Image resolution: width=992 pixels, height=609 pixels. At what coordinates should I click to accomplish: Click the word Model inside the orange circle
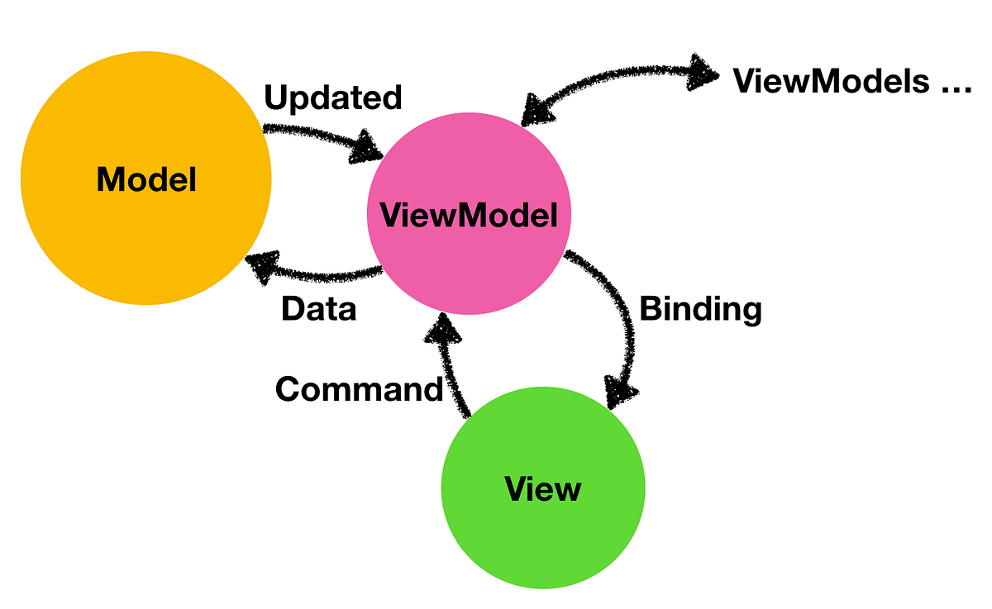tap(146, 178)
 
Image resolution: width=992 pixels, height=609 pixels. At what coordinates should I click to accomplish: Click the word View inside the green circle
tap(543, 489)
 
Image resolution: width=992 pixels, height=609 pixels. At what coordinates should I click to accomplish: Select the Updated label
tap(332, 98)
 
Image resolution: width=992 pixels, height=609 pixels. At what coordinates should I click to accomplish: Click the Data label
tap(318, 309)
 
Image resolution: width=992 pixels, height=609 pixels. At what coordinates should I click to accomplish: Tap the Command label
tap(359, 388)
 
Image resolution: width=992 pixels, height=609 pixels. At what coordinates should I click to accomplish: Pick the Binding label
tap(700, 309)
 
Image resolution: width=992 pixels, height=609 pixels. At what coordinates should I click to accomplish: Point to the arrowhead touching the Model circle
tap(263, 267)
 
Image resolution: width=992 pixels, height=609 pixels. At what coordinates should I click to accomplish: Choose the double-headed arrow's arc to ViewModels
tap(612, 79)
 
